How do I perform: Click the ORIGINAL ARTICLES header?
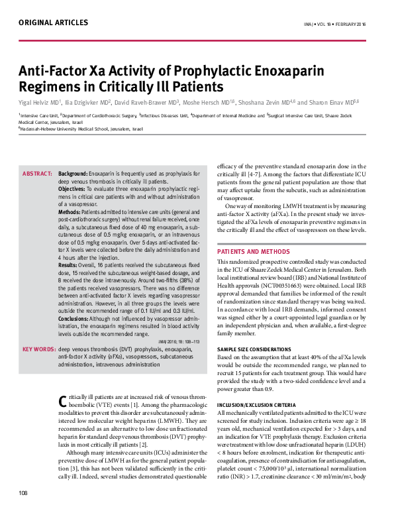click(x=53, y=23)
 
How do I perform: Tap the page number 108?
click(x=23, y=492)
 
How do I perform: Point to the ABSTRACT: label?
click(x=37, y=173)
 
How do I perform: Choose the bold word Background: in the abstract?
click(x=73, y=173)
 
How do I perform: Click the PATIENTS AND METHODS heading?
click(x=252, y=253)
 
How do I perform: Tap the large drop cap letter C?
click(x=63, y=401)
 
